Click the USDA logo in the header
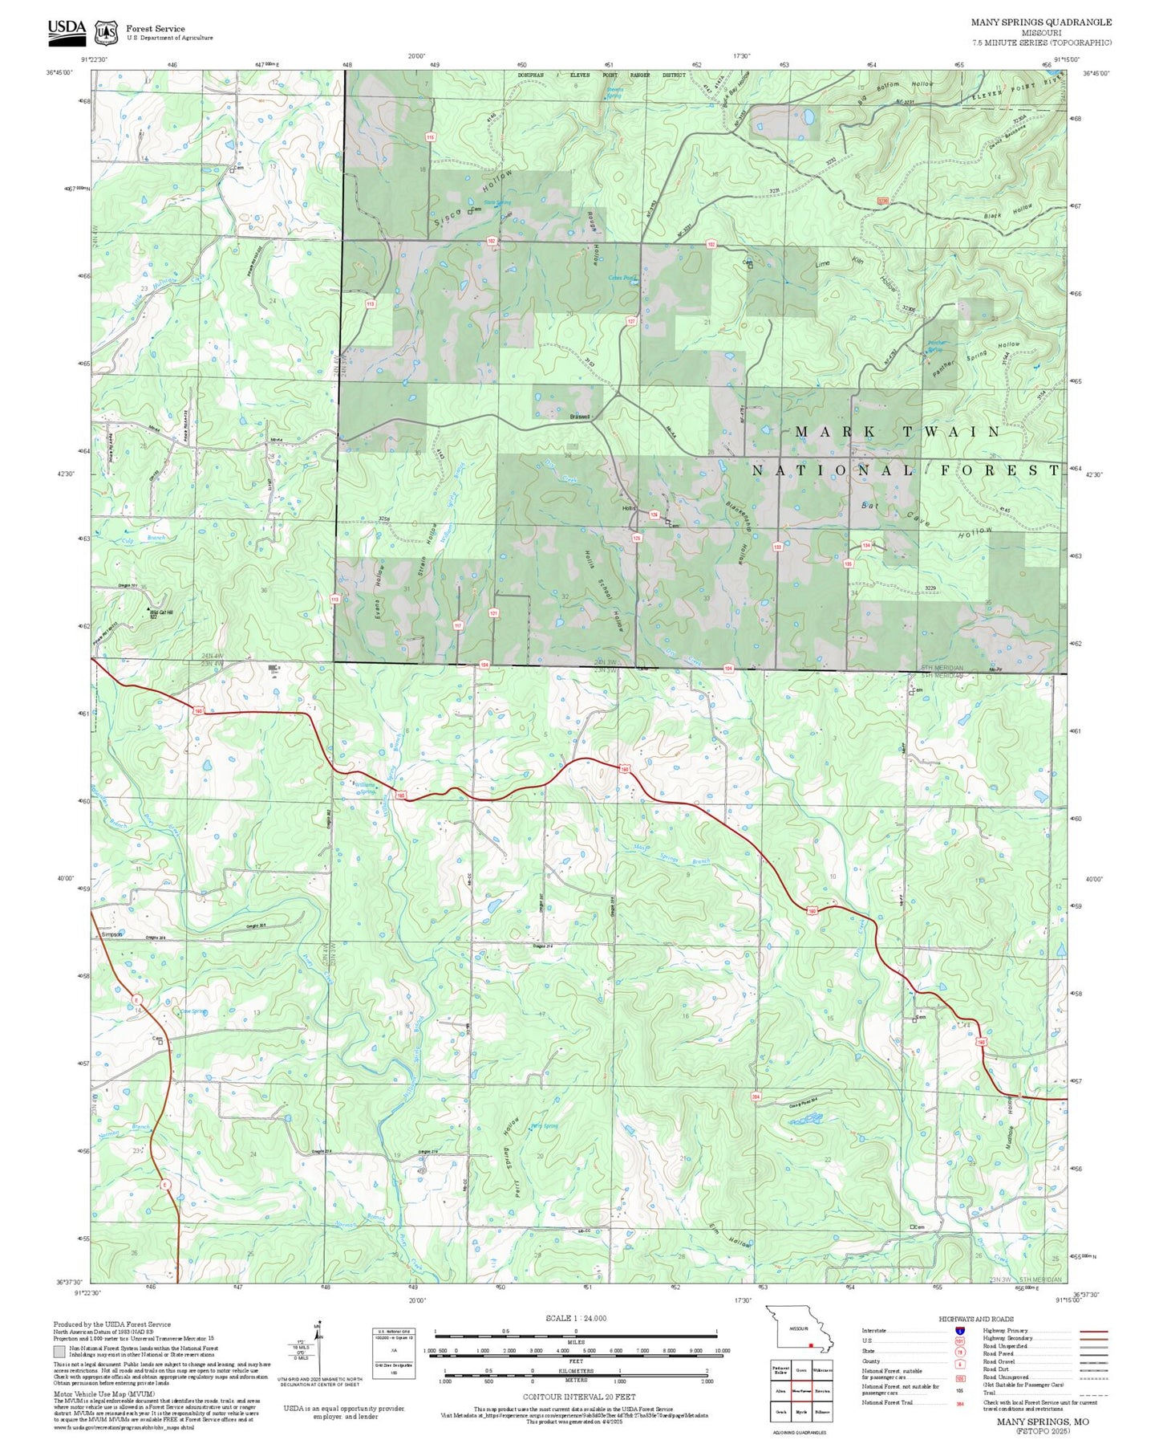coord(66,30)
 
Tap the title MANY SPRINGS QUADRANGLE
coord(1041,22)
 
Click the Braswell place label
coord(579,417)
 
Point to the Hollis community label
coord(628,508)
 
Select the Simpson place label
coord(111,934)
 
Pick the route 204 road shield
coord(756,1096)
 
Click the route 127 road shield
coord(631,321)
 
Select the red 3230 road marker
coord(883,201)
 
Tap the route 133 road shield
coord(777,547)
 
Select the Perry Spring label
coord(544,1125)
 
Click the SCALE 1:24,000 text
coord(575,1318)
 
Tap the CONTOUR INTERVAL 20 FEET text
coord(575,1397)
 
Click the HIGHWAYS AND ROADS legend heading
coord(975,1319)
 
